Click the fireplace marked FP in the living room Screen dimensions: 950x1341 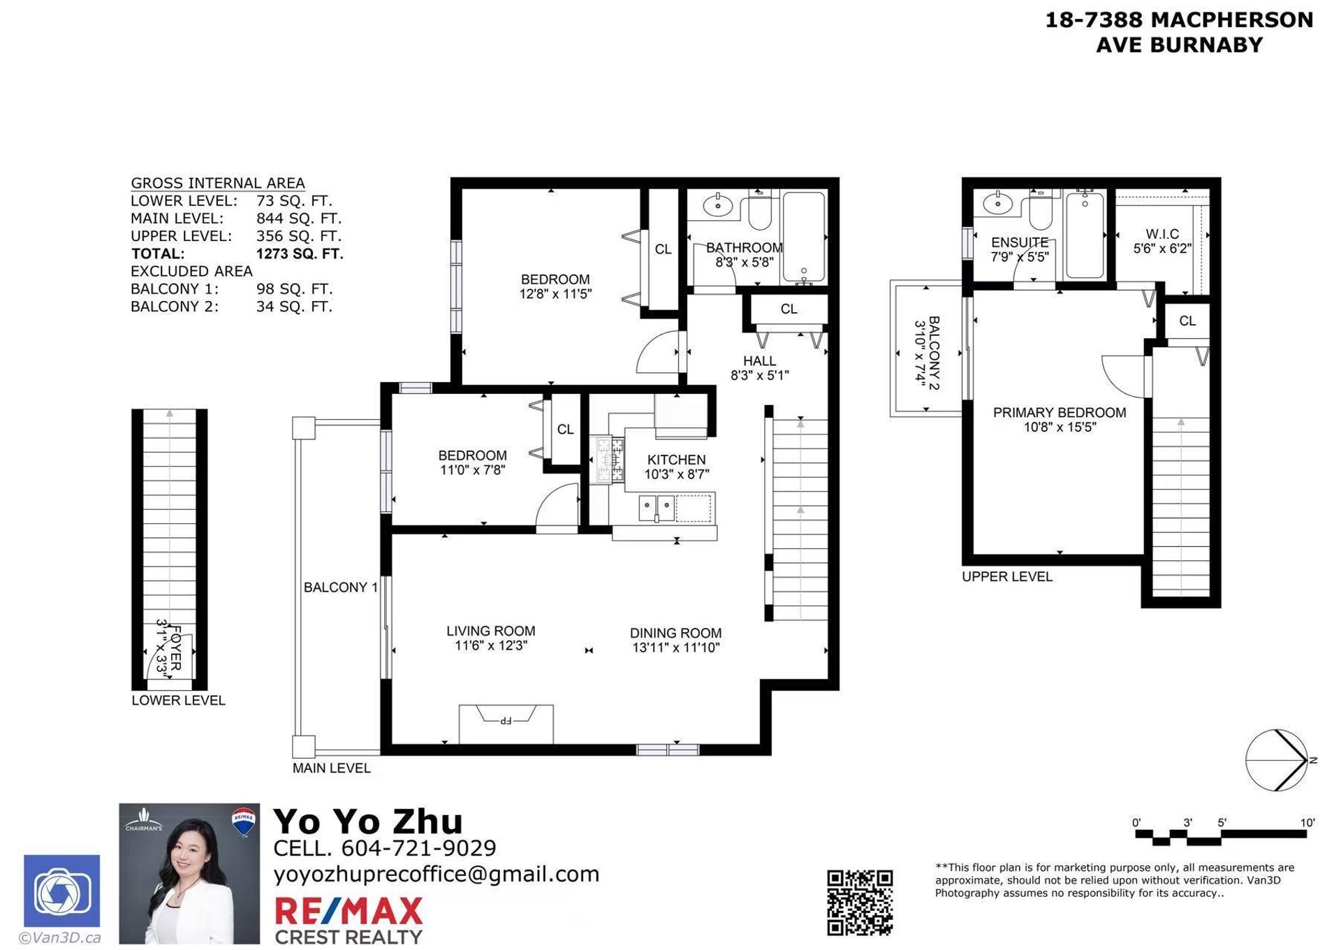click(506, 719)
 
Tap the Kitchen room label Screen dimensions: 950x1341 click(676, 460)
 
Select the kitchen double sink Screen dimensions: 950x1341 click(657, 508)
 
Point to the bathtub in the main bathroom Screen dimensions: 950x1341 click(803, 235)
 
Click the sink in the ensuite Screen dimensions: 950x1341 click(997, 203)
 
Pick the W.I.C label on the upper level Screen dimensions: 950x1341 click(1162, 234)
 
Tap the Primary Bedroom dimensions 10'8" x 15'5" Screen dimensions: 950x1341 click(1060, 427)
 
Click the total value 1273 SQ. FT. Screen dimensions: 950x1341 click(300, 254)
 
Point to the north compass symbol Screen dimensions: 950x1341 click(1277, 760)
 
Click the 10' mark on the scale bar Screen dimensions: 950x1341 click(1307, 823)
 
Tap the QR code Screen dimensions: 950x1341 click(860, 902)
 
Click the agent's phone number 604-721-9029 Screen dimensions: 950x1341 click(418, 848)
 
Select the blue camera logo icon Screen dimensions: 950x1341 click(62, 891)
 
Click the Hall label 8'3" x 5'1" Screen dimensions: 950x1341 click(759, 367)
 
